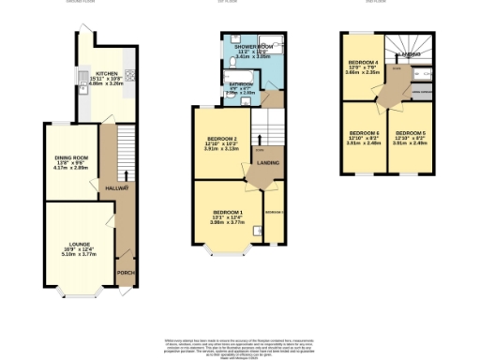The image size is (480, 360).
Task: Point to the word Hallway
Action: [115, 188]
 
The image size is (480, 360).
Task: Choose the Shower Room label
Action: [254, 47]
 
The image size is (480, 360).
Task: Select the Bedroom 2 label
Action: [221, 142]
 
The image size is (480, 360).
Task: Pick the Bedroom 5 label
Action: [409, 133]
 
